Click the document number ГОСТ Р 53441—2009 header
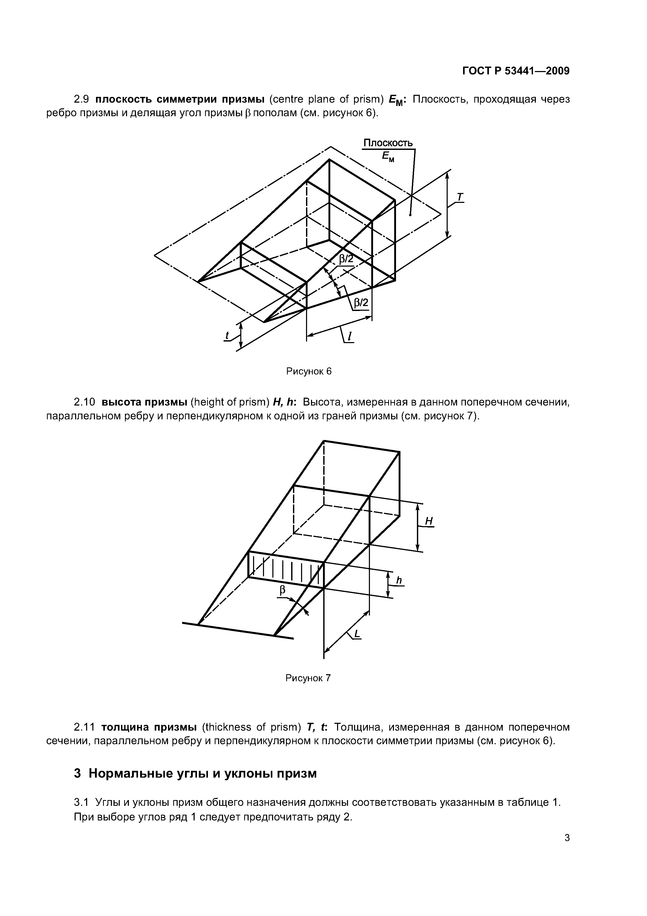pos(516,71)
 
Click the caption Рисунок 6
pos(309,371)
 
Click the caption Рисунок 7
pos(308,678)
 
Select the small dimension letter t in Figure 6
pos(227,336)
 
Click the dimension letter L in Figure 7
pos(357,633)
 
